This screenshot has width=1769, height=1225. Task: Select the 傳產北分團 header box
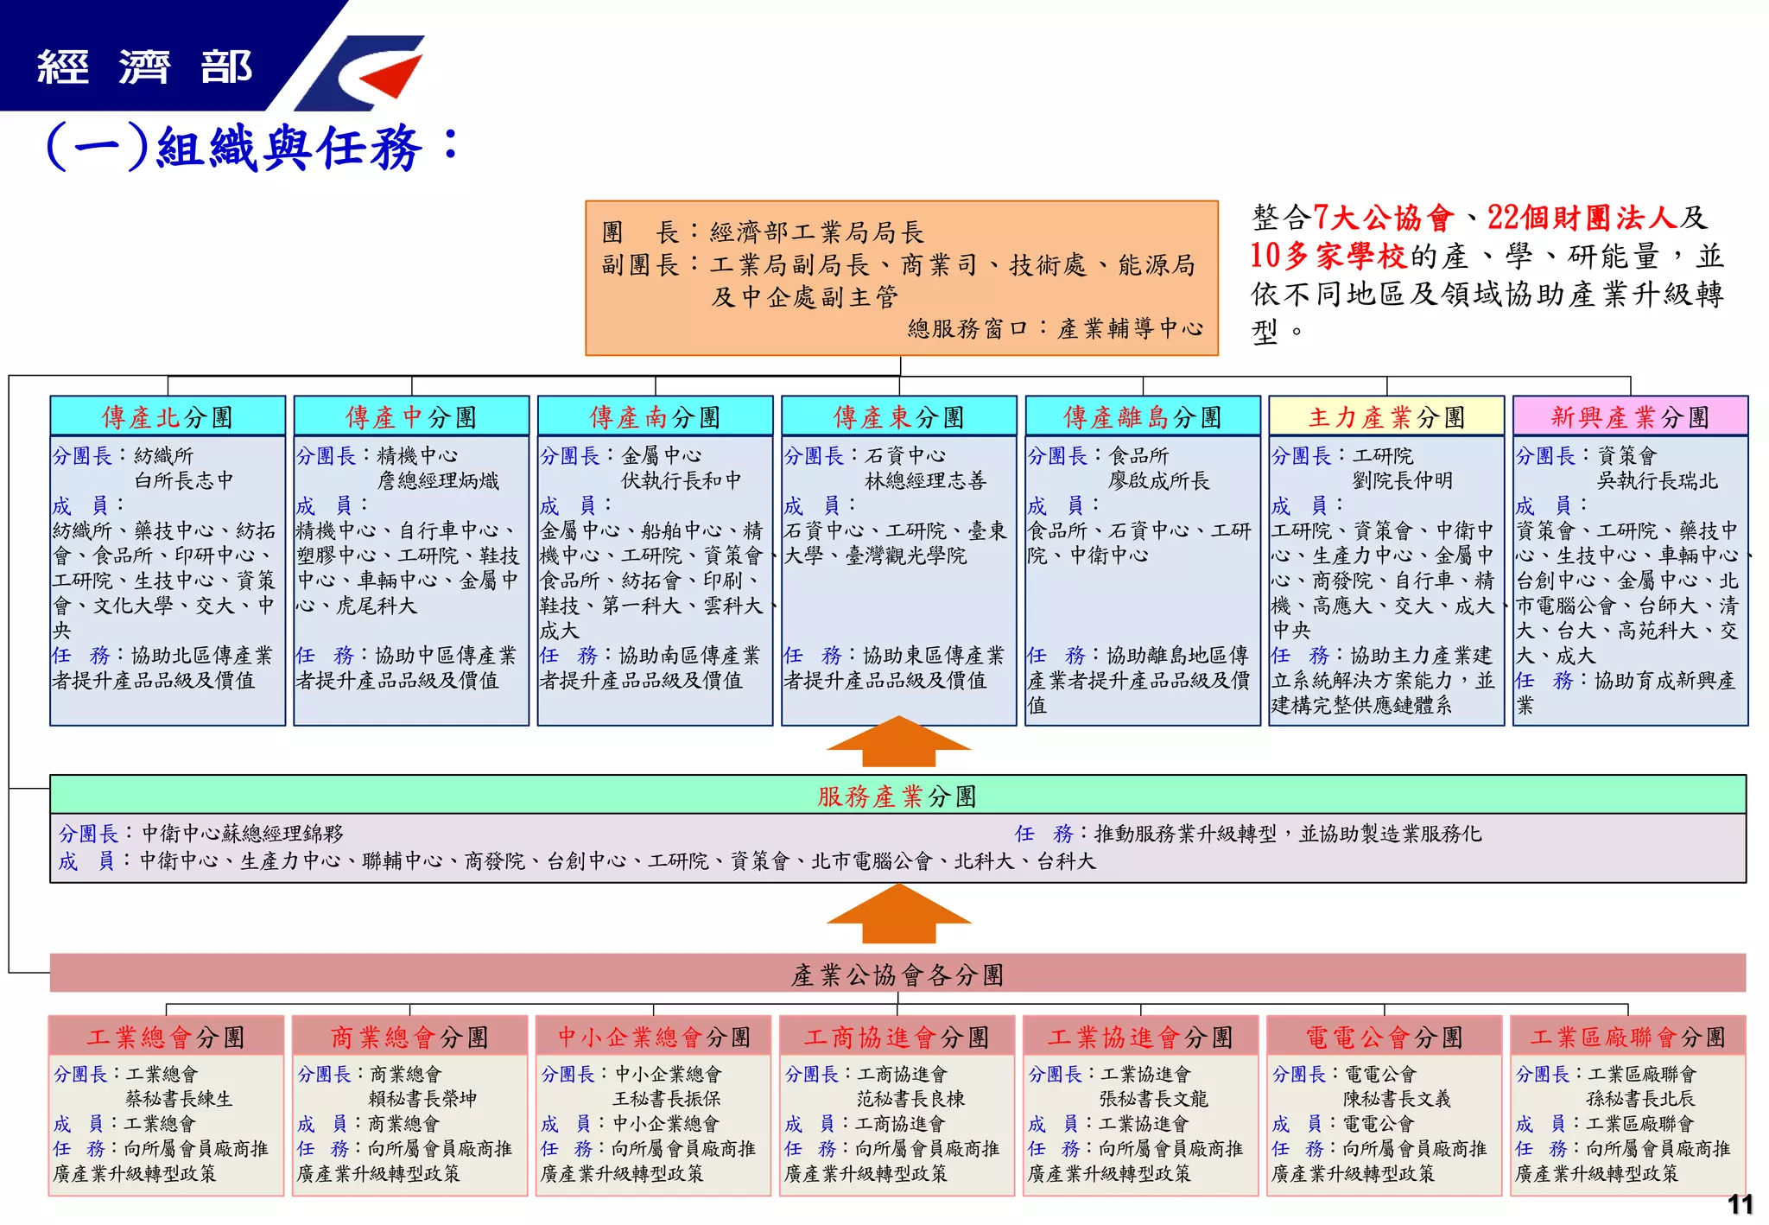[168, 417]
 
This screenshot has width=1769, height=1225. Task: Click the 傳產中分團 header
[411, 417]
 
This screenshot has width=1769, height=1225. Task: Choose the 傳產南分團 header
[655, 417]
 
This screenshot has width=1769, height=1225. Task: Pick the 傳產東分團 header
[898, 417]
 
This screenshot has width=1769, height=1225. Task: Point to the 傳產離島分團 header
[1142, 417]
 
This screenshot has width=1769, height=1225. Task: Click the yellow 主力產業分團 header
[1386, 417]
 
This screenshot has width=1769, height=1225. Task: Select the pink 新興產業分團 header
[1630, 417]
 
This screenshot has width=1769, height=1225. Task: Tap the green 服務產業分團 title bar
[897, 796]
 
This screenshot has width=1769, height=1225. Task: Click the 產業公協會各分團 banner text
[897, 975]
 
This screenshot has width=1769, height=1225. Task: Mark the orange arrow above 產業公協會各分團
[898, 915]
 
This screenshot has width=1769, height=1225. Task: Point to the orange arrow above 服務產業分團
[898, 742]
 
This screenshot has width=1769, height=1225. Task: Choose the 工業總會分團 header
[166, 1037]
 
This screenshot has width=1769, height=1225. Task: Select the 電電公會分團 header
[1385, 1037]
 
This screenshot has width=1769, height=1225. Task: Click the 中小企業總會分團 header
[654, 1037]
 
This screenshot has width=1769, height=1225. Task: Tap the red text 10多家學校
[1328, 256]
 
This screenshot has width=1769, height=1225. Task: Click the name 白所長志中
[184, 480]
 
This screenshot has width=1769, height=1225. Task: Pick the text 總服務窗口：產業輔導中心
[1055, 328]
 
